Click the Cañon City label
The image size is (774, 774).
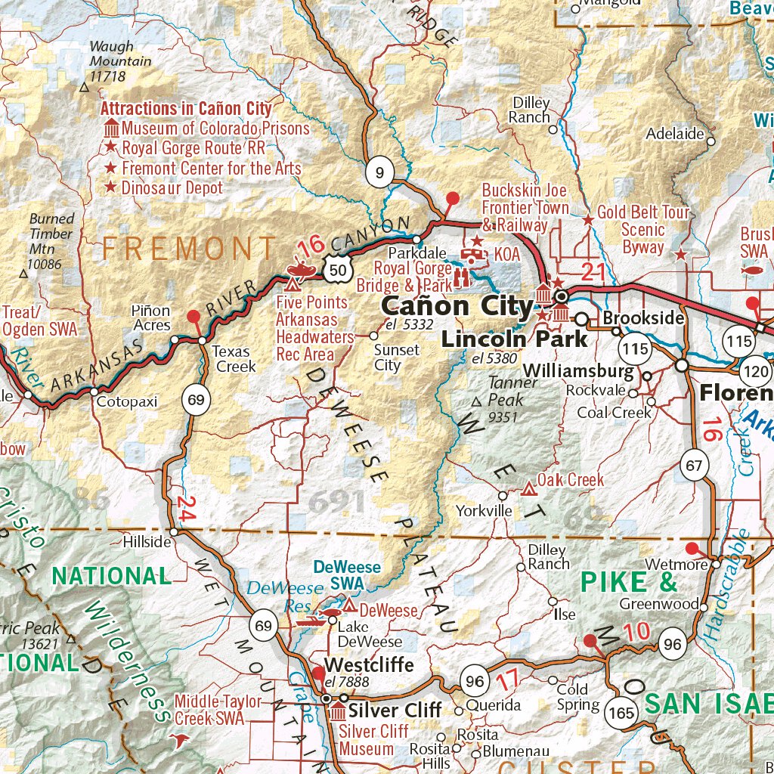(x=457, y=306)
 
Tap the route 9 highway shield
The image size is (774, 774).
(x=379, y=174)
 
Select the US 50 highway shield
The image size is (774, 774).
(x=339, y=268)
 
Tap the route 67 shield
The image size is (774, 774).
(x=694, y=465)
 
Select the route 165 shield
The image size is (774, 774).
(x=621, y=712)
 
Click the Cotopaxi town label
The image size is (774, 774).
(x=126, y=402)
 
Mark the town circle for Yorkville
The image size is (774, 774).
(x=503, y=496)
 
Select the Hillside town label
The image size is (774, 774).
(x=147, y=542)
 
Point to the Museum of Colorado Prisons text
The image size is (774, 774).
(x=215, y=128)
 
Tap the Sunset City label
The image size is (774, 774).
(x=397, y=358)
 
